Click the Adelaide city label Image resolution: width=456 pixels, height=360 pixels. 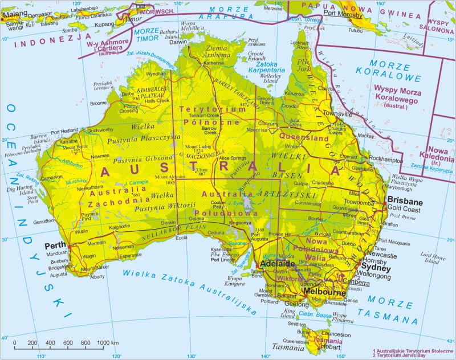click(278, 265)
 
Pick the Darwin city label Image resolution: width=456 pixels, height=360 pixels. click(178, 42)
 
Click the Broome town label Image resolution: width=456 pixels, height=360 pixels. click(99, 103)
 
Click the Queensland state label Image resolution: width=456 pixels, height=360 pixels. click(304, 138)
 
